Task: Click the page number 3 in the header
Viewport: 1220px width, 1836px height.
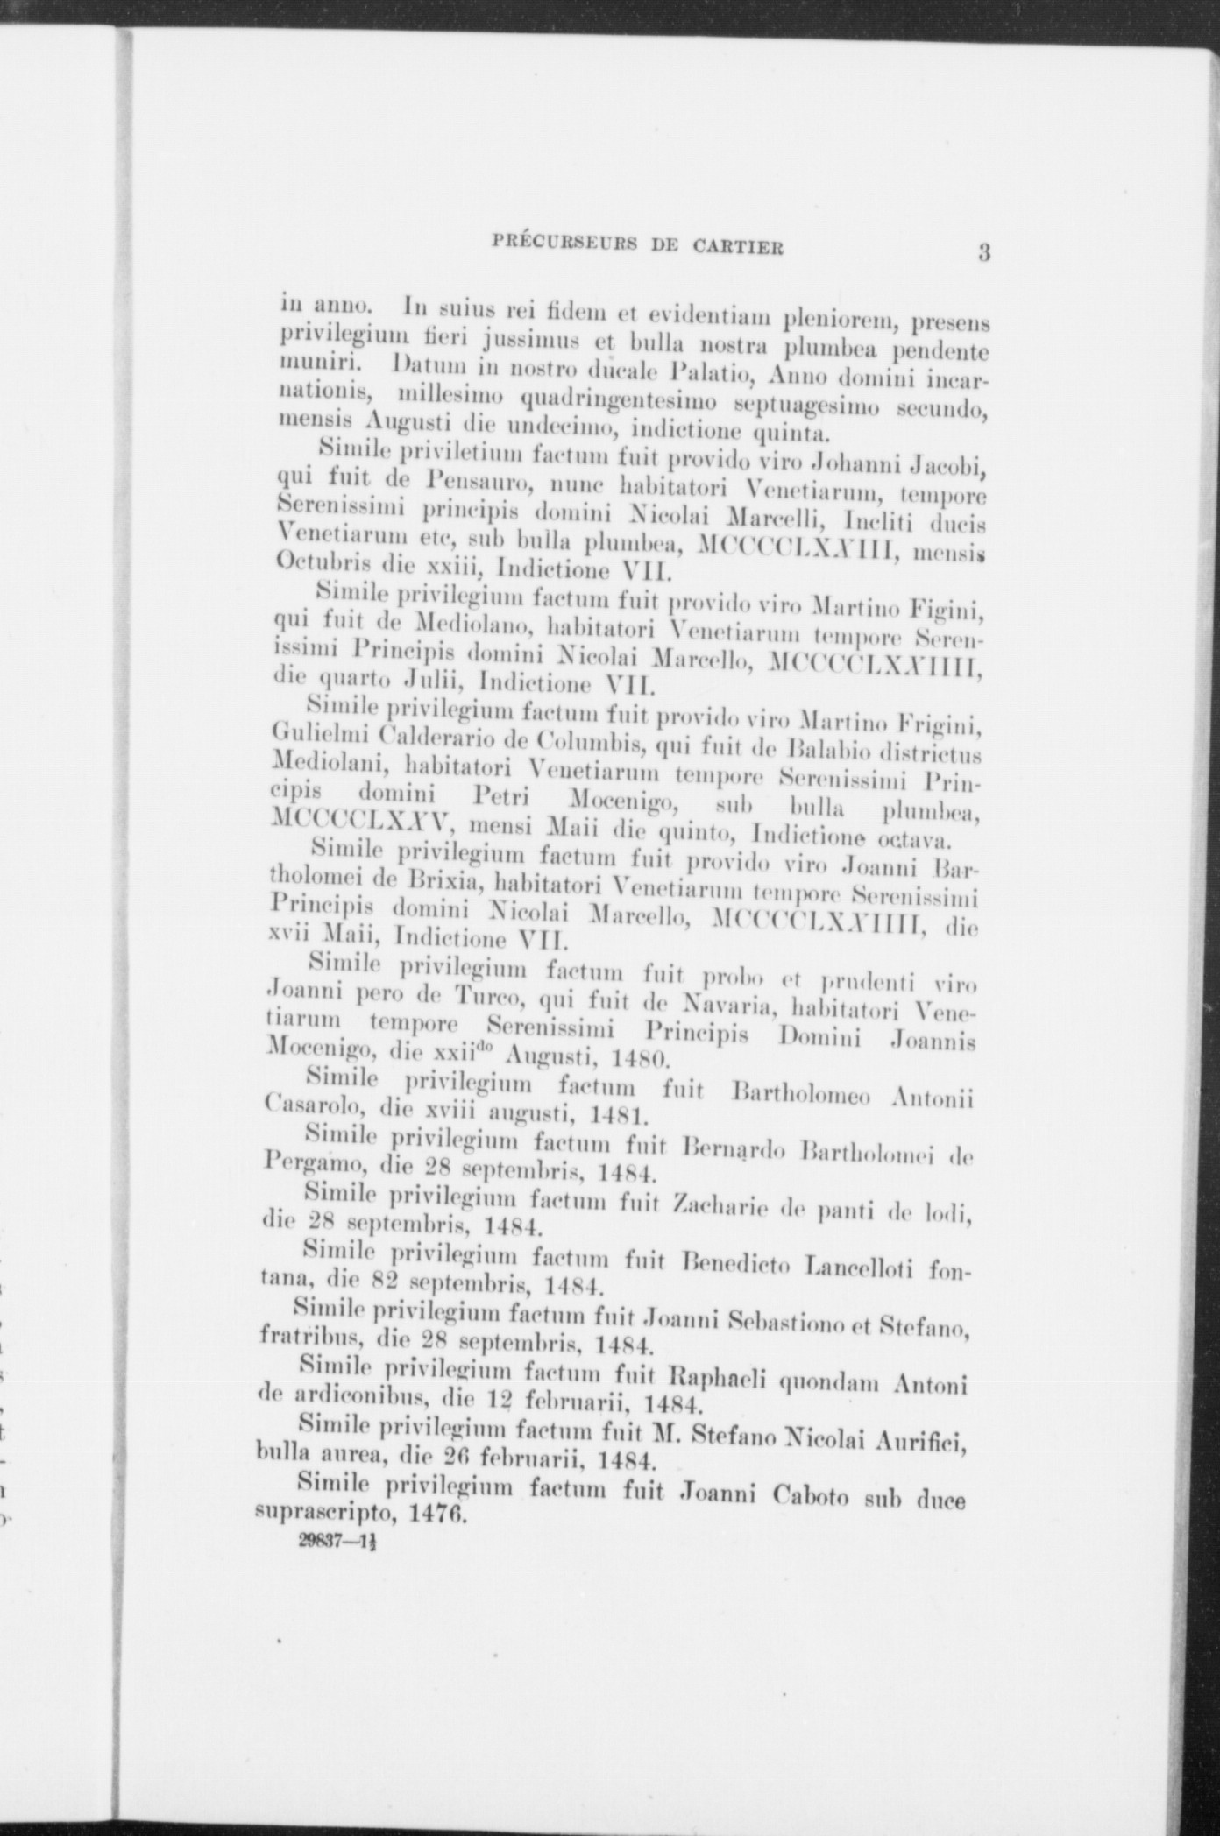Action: [984, 253]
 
